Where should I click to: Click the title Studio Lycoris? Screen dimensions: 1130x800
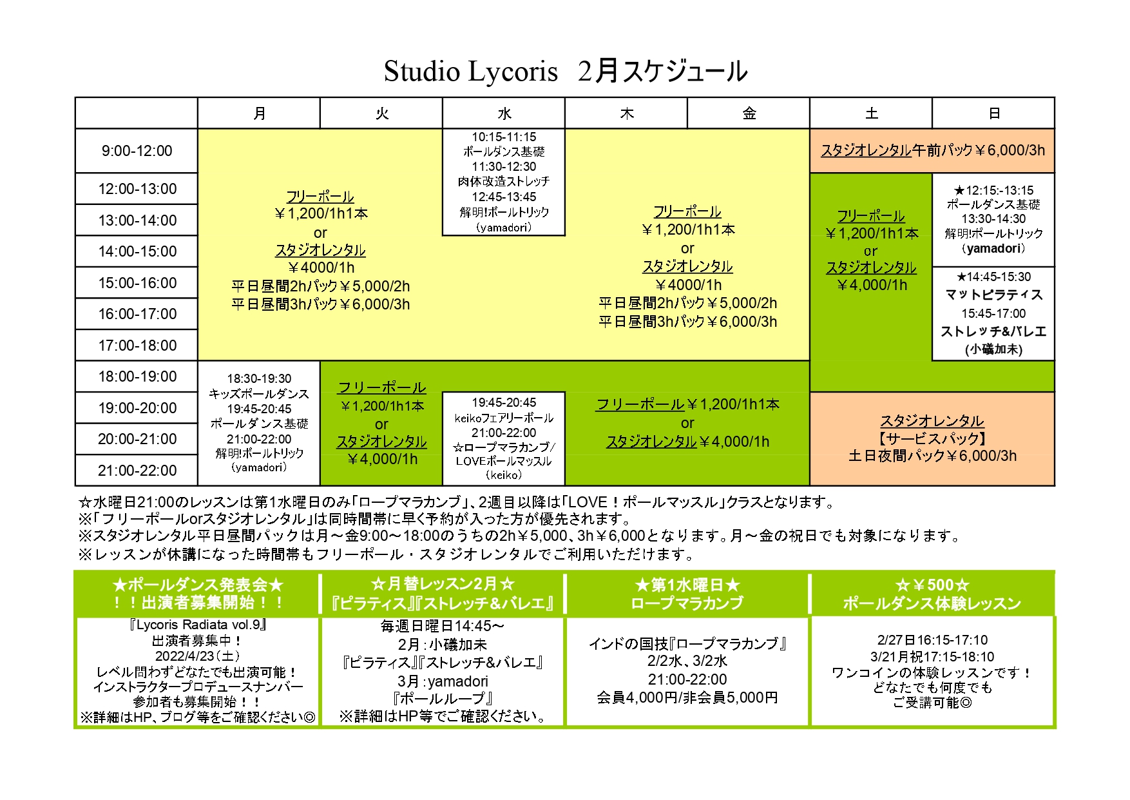[x=470, y=71]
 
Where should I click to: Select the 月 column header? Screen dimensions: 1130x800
[x=259, y=113]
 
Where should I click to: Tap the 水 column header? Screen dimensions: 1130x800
[x=504, y=113]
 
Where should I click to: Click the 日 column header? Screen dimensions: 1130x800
[x=993, y=113]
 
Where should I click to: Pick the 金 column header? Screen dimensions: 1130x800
[x=749, y=113]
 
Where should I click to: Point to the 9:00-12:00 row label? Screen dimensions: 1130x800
[x=137, y=151]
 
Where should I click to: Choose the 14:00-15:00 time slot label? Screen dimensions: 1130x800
[x=137, y=251]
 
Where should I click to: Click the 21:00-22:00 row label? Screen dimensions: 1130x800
[x=137, y=471]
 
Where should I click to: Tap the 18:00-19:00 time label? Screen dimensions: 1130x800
[x=137, y=376]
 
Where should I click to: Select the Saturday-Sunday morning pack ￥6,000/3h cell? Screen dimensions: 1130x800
[x=932, y=150]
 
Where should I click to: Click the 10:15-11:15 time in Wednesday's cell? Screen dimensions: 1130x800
[x=504, y=137]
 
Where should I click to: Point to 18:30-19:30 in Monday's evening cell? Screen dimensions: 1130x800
[x=259, y=378]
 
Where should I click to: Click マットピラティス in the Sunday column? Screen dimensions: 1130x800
[x=993, y=295]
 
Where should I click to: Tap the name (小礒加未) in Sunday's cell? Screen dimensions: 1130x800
[x=993, y=349]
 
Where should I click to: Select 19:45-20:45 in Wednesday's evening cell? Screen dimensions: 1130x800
[x=504, y=402]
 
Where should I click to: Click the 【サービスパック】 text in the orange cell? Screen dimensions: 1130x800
[x=932, y=438]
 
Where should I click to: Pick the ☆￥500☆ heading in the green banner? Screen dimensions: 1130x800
[x=932, y=585]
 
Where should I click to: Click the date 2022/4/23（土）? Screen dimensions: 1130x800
[x=197, y=656]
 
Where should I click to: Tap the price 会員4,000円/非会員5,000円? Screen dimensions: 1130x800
[x=687, y=698]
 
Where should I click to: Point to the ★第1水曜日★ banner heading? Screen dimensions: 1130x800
[x=687, y=585]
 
